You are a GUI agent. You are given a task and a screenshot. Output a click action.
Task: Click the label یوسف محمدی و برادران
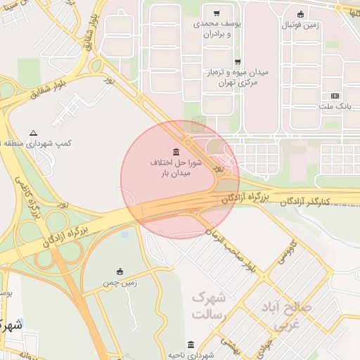[x=217, y=29]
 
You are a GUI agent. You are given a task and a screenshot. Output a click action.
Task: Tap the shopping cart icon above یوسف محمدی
[x=217, y=13]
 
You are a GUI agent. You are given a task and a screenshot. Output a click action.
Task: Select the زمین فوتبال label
[x=300, y=25]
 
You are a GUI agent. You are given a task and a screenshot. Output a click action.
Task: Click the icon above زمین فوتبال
[x=300, y=14]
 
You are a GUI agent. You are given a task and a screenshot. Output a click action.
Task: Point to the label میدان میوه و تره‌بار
[x=236, y=77]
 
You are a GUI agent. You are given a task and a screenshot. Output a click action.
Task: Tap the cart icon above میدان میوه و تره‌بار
[x=237, y=62]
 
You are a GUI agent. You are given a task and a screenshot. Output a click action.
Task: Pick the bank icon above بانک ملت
[x=335, y=96]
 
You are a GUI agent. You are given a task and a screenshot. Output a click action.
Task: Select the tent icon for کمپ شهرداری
[x=33, y=133]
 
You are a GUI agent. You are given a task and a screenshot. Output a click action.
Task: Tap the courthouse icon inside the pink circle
[x=175, y=152]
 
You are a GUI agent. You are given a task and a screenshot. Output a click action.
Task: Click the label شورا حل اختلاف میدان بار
[x=176, y=167]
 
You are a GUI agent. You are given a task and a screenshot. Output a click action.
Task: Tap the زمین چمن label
[x=120, y=283]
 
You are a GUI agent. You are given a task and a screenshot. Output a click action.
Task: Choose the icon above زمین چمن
[x=120, y=271]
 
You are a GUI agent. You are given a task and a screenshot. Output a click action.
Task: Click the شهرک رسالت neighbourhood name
[x=212, y=304]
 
